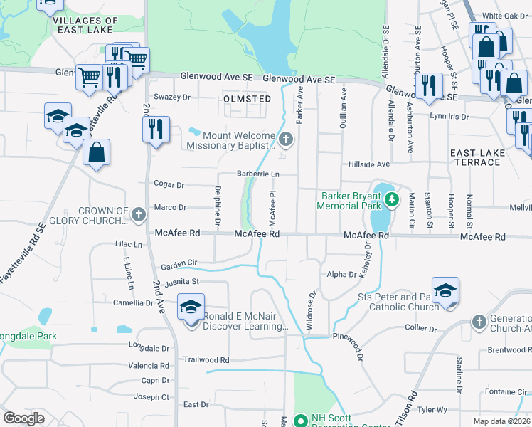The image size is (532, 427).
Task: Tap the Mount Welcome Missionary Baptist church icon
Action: click(x=286, y=138)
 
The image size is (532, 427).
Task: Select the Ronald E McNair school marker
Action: click(x=191, y=307)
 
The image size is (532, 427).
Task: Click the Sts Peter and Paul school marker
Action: click(x=445, y=290)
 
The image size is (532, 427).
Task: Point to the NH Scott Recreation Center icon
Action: click(x=300, y=421)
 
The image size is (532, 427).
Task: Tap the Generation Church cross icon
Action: click(x=480, y=322)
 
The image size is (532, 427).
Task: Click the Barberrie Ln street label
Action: click(x=257, y=174)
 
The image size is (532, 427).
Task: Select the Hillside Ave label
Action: click(x=369, y=164)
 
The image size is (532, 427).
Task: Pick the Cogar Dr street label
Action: click(x=169, y=185)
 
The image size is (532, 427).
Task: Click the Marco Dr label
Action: click(x=170, y=208)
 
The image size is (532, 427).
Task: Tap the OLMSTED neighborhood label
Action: click(x=247, y=99)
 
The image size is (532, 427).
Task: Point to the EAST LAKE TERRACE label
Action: click(x=477, y=157)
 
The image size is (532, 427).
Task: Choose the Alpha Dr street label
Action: click(x=341, y=274)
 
